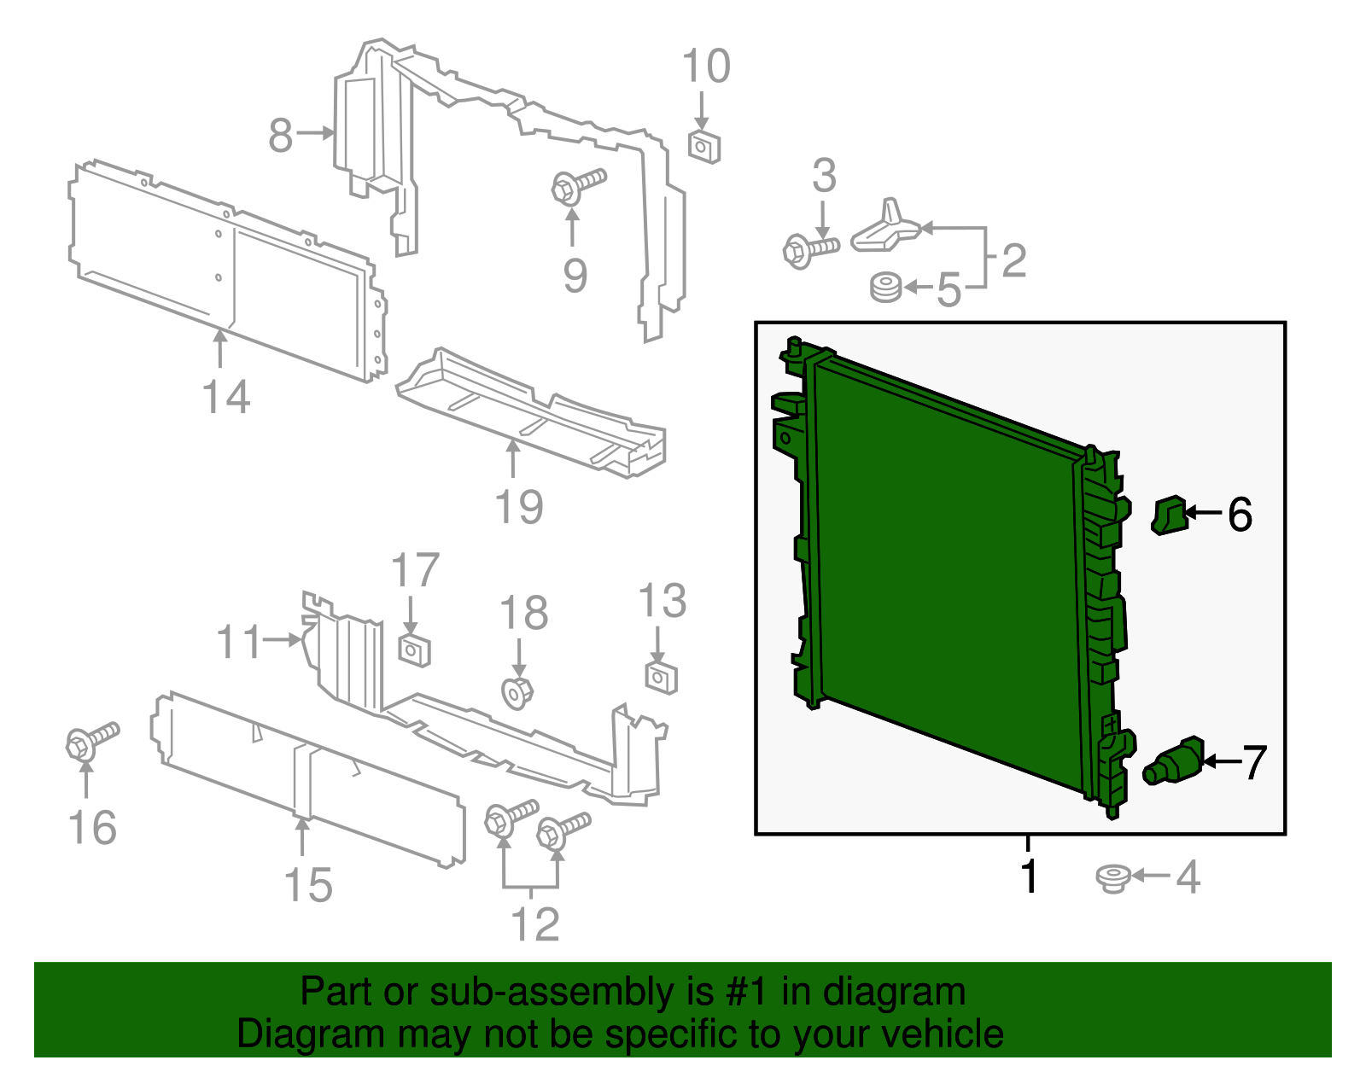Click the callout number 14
(226, 398)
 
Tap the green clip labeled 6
(1169, 516)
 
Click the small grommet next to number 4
(1113, 878)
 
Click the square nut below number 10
(703, 147)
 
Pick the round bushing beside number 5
(885, 287)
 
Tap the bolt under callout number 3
(809, 249)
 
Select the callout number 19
(519, 507)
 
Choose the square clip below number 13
(661, 678)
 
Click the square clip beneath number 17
(414, 650)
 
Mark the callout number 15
(308, 885)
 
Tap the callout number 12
(534, 924)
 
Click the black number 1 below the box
(1030, 877)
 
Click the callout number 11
(238, 642)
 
